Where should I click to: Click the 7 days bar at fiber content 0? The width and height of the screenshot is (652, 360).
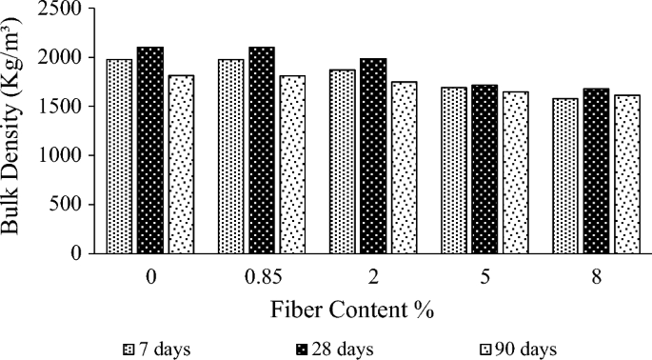pyautogui.click(x=121, y=156)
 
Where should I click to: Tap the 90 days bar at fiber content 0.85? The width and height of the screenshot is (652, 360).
pyautogui.click(x=292, y=165)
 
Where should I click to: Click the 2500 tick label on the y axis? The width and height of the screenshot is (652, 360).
pyautogui.click(x=64, y=9)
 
